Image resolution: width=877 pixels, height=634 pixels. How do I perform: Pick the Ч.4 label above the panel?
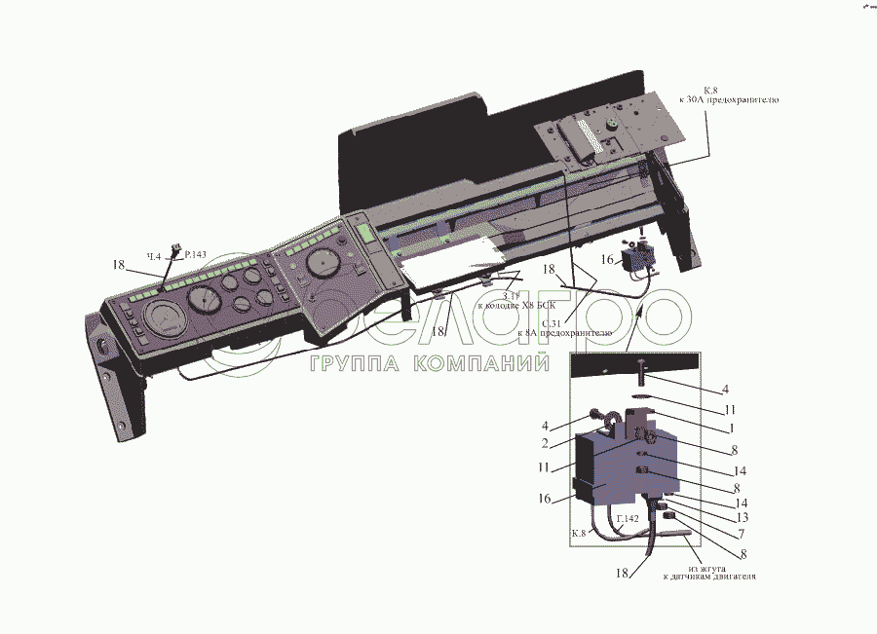(153, 256)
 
